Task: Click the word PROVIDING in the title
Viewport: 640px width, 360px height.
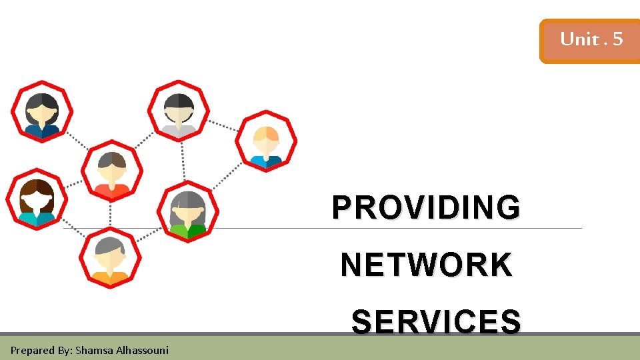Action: tap(426, 207)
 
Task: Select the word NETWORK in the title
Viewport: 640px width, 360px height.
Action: tap(426, 265)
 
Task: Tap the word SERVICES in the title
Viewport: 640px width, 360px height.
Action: tap(436, 323)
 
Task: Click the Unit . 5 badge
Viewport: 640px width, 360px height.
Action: tap(591, 40)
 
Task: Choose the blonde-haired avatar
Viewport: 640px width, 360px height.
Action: tap(267, 141)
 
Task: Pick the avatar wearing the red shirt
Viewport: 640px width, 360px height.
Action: tap(112, 171)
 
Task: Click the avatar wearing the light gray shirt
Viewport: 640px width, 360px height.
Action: tap(179, 111)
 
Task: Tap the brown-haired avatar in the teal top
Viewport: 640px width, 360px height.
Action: tap(37, 199)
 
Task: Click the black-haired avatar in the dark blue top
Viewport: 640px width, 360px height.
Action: tap(42, 111)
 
